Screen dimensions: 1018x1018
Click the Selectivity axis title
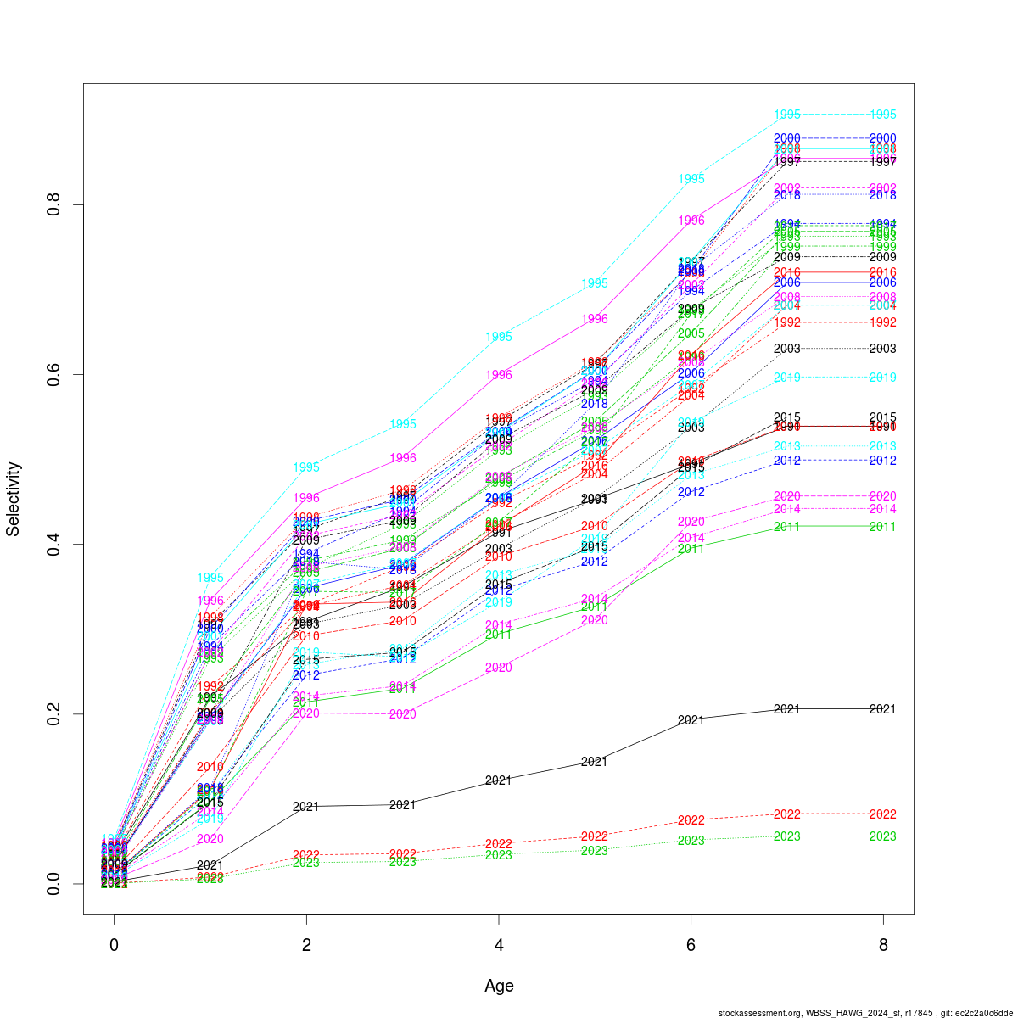coord(13,499)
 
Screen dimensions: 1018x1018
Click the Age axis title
coord(499,986)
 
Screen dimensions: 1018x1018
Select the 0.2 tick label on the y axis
coord(56,713)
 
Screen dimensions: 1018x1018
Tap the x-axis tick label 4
coord(499,945)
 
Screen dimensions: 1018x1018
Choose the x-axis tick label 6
coord(691,945)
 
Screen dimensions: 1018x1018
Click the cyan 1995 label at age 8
coord(883,115)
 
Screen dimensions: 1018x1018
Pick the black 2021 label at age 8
coord(883,709)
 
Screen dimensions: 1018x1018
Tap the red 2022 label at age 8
coord(883,814)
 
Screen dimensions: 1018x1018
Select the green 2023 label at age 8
coord(883,836)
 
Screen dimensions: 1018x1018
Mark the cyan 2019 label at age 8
coord(883,378)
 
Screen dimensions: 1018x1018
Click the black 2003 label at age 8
coord(883,349)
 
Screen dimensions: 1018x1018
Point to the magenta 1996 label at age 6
coord(691,221)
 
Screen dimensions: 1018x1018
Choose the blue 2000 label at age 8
coord(883,138)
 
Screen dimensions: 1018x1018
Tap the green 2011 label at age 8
coord(883,527)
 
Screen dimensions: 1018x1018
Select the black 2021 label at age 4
coord(499,780)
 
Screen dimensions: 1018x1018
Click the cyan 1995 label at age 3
coord(403,424)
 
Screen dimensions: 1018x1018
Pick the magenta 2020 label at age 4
coord(499,668)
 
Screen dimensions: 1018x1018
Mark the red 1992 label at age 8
coord(883,322)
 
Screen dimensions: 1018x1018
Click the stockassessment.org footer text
coord(865,1012)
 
